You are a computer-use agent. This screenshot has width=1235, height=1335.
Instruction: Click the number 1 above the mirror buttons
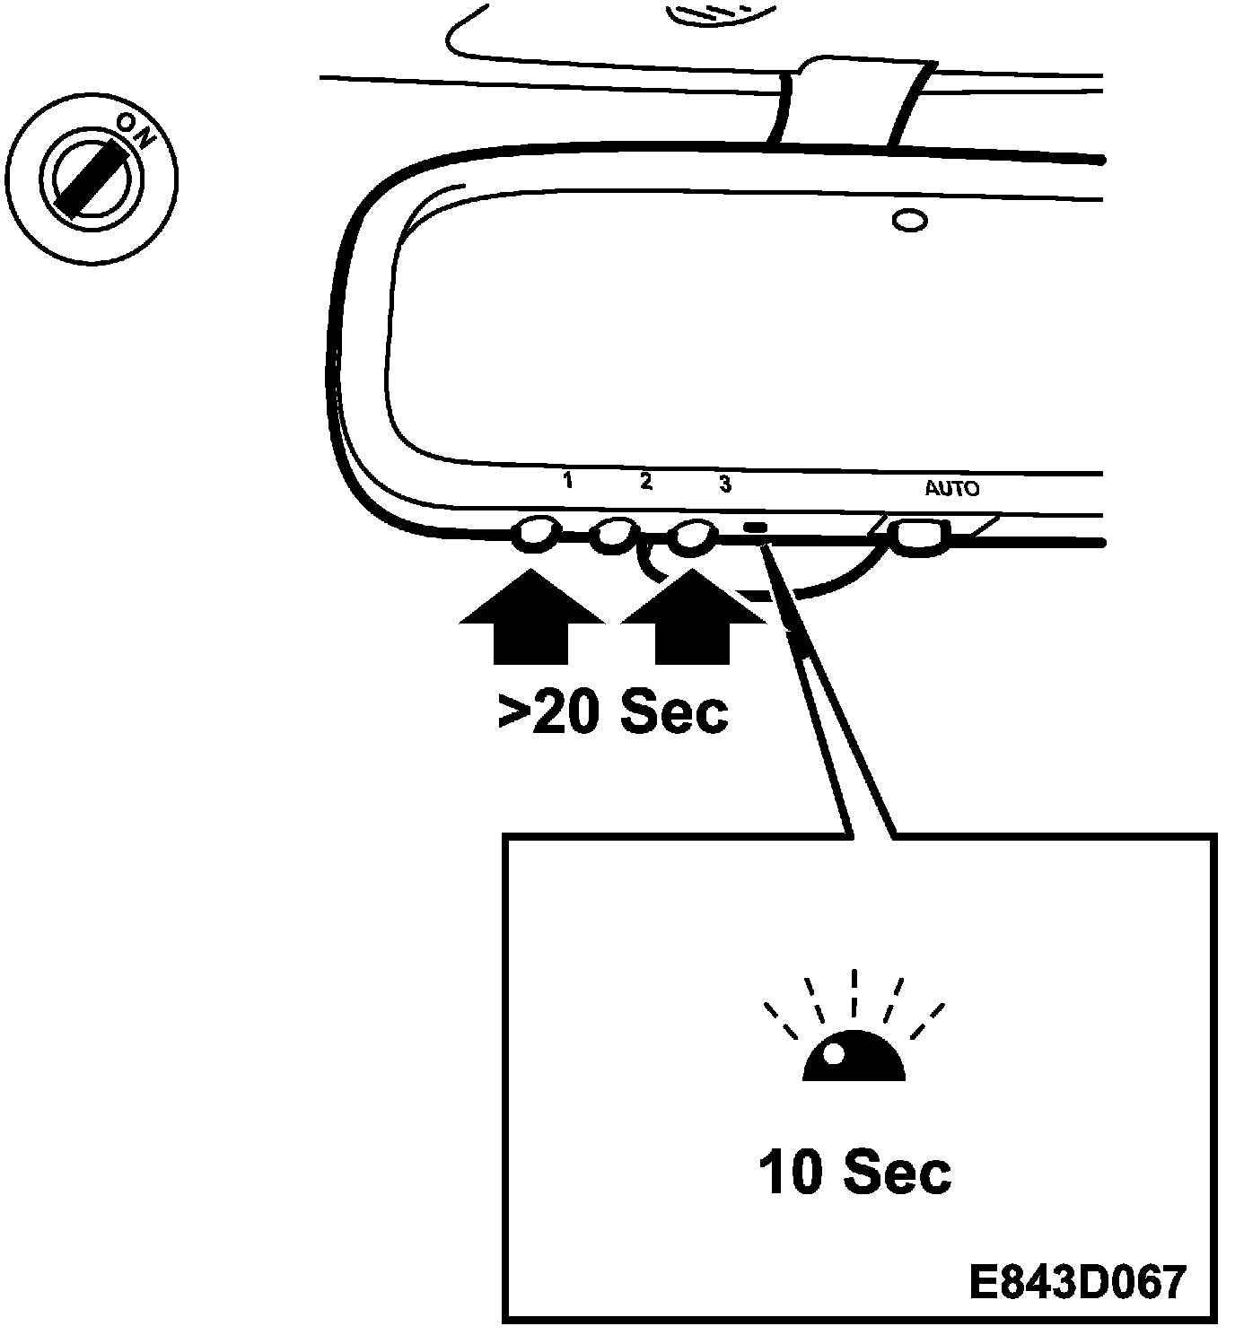[x=567, y=482]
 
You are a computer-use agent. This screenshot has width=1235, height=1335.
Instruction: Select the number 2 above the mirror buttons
[x=646, y=482]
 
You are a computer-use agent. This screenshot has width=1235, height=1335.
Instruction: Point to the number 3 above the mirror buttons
[x=725, y=484]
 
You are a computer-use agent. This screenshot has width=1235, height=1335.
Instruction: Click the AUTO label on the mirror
[x=951, y=489]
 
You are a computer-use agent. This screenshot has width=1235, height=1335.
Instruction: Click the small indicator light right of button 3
[x=757, y=528]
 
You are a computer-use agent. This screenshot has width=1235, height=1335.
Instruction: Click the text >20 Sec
[x=613, y=711]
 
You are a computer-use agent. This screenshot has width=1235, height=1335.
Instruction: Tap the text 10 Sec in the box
[x=854, y=1173]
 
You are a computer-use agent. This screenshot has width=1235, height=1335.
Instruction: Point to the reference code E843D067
[x=1077, y=1282]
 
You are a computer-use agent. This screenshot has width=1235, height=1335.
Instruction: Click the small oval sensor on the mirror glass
[x=910, y=220]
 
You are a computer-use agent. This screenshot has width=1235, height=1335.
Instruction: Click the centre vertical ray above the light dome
[x=854, y=991]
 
